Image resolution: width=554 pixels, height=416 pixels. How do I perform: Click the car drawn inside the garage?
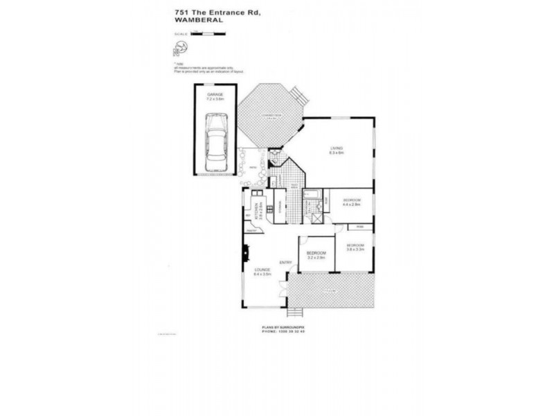coord(217,144)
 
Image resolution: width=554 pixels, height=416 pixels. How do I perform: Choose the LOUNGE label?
coord(261,270)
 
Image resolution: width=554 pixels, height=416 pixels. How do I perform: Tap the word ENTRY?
coord(285,262)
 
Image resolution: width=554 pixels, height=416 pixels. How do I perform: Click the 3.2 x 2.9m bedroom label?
coord(316,255)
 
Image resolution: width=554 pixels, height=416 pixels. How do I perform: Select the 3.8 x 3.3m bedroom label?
coord(355,246)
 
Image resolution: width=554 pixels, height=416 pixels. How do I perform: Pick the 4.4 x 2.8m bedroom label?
coord(352,201)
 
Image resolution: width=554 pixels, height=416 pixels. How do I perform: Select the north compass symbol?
coord(178,49)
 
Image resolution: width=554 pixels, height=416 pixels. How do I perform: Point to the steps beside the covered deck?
coord(298,94)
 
